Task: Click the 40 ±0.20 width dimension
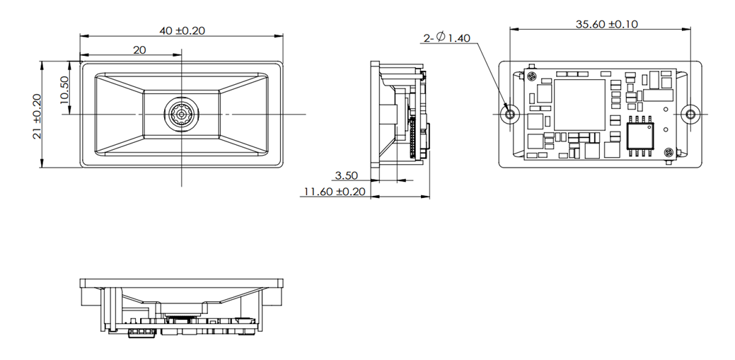[182, 31]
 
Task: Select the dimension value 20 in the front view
[139, 50]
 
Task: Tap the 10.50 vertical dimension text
[64, 90]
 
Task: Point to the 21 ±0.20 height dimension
[37, 116]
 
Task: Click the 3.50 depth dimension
[346, 176]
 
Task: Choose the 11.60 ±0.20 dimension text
[335, 191]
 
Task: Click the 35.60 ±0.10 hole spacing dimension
[606, 24]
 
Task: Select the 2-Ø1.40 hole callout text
[446, 37]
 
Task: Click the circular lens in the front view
[181, 114]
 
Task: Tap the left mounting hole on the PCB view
[510, 114]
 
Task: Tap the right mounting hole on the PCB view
[690, 114]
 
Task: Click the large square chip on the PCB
[579, 105]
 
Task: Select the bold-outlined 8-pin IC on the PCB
[640, 136]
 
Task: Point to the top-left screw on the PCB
[531, 76]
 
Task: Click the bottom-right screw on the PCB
[669, 153]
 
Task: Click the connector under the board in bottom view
[142, 332]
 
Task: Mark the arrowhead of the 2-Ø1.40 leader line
[507, 108]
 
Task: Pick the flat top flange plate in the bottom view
[181, 283]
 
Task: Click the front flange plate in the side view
[375, 114]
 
